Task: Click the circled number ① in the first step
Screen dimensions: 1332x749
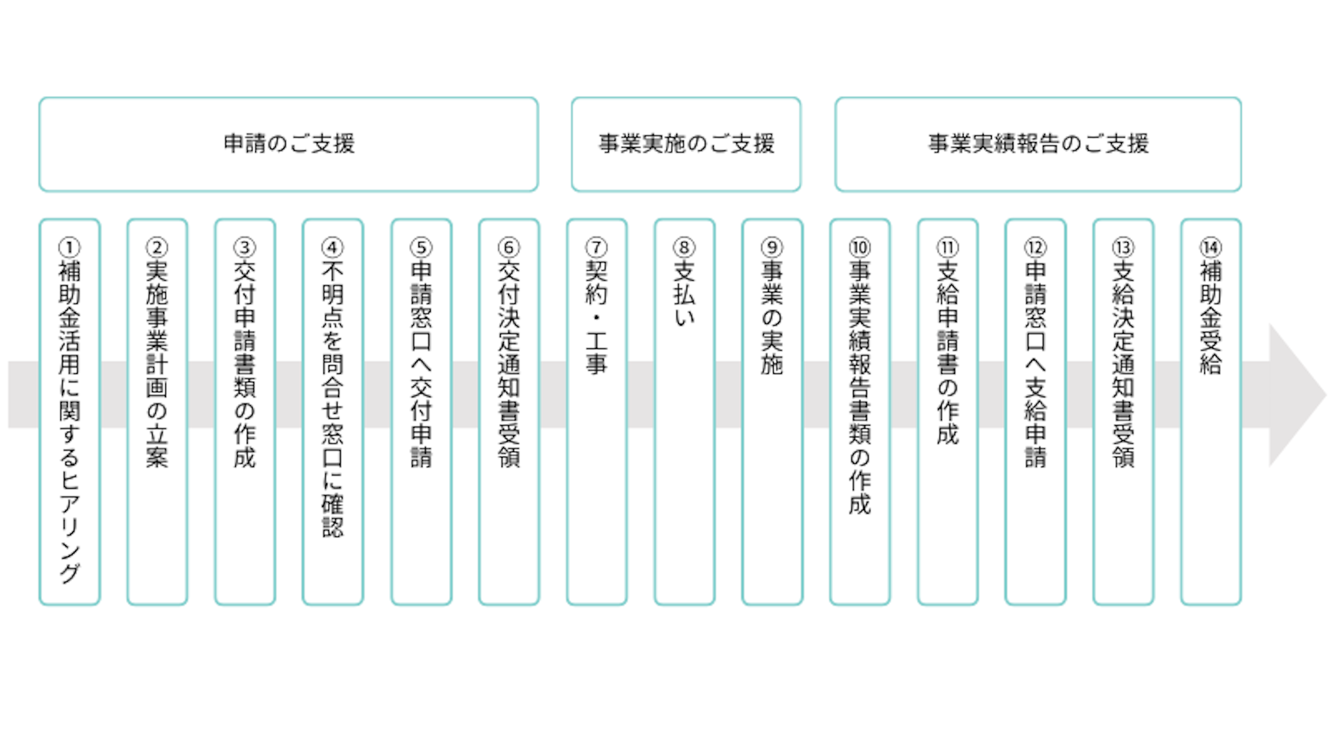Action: click(x=69, y=248)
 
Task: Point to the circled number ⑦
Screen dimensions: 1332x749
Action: click(x=596, y=248)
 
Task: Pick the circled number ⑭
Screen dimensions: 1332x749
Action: click(x=1211, y=248)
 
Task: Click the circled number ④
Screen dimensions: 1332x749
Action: click(x=333, y=248)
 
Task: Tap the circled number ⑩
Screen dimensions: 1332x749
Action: click(x=860, y=248)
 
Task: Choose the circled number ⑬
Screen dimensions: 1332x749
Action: click(x=1123, y=248)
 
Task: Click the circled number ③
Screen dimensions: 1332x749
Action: click(x=245, y=248)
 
